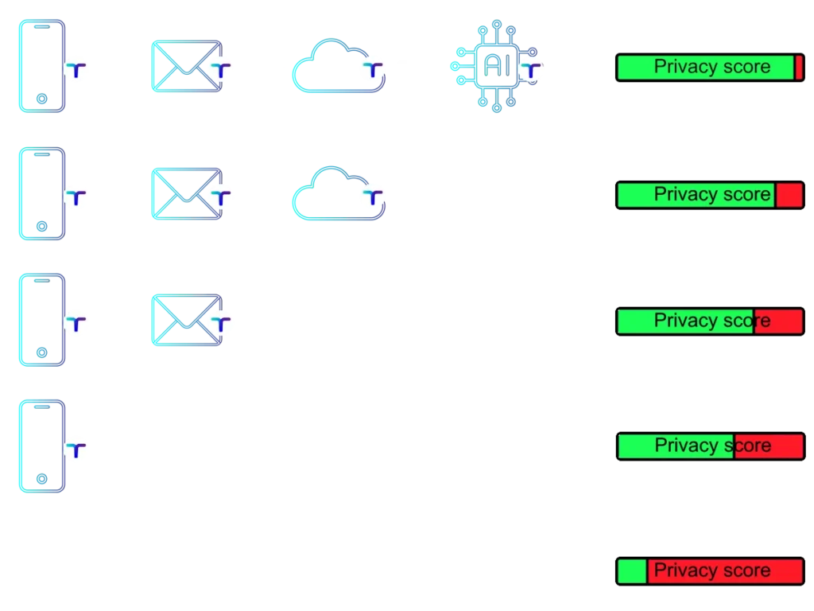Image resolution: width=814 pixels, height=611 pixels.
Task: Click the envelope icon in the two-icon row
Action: pyautogui.click(x=184, y=321)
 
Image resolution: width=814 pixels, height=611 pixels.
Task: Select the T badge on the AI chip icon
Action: pyautogui.click(x=531, y=71)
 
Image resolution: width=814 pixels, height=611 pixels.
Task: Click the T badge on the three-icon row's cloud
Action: pyautogui.click(x=371, y=196)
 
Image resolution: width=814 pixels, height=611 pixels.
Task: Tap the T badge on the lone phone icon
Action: pyautogui.click(x=76, y=450)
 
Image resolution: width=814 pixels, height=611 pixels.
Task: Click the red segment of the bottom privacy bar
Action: pyautogui.click(x=724, y=571)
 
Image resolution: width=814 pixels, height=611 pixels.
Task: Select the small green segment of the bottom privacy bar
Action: pyautogui.click(x=632, y=571)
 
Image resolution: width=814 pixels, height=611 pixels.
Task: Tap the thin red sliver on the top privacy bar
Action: pyautogui.click(x=798, y=68)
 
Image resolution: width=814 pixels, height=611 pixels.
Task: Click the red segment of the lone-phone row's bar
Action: pyautogui.click(x=769, y=446)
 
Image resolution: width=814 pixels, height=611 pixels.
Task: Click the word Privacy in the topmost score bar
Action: pyautogui.click(x=681, y=67)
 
